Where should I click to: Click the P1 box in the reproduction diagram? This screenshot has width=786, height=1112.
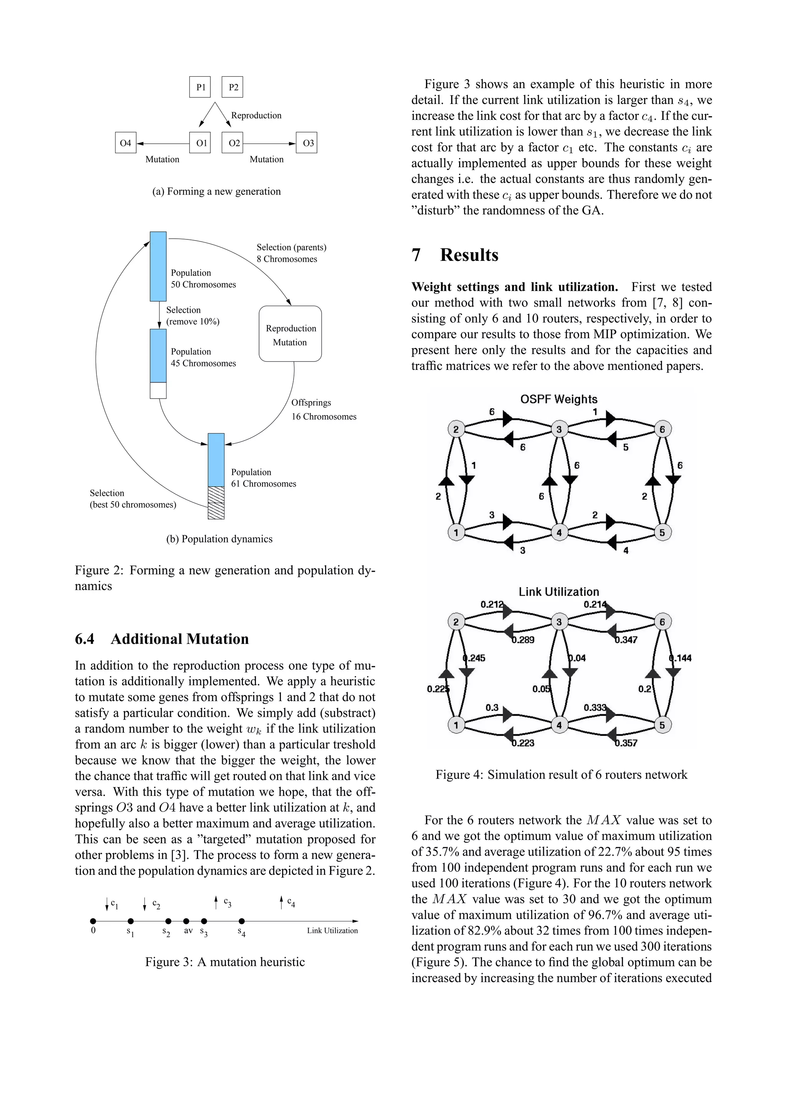[x=200, y=87]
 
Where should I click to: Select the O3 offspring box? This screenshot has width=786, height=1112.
[x=307, y=143]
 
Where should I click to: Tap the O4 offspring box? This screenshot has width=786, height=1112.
[x=125, y=143]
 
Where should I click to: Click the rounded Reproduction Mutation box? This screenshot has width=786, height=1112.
[x=290, y=334]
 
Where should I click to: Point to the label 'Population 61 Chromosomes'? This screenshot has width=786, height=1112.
[x=263, y=478]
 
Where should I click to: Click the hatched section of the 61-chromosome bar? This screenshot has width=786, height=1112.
[x=216, y=503]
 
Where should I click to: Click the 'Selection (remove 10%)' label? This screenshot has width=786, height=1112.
[x=192, y=316]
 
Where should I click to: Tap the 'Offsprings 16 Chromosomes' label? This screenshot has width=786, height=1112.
[x=324, y=410]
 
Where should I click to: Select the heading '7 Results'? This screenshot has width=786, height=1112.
[x=455, y=255]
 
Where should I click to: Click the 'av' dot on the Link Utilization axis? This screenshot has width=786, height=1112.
[x=186, y=921]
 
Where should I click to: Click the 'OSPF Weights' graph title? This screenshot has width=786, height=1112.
[x=558, y=399]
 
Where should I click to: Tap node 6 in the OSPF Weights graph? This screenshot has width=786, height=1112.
[x=662, y=429]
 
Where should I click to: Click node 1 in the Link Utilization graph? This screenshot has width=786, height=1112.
[x=456, y=725]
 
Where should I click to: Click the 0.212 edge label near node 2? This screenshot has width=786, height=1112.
[x=492, y=604]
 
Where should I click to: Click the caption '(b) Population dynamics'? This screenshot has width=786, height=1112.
[x=220, y=539]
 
